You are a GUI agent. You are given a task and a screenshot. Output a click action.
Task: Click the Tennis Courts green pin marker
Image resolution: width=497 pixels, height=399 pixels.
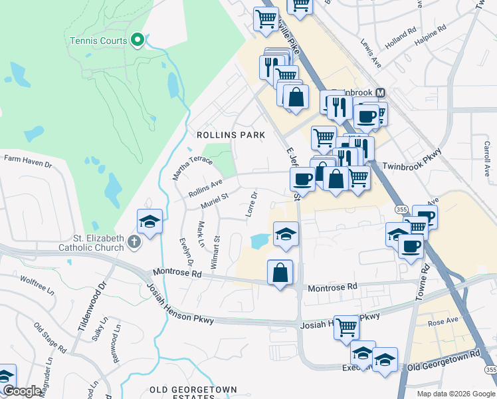(x=138, y=41)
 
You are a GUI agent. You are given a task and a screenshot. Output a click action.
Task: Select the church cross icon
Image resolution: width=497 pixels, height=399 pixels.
(x=134, y=240)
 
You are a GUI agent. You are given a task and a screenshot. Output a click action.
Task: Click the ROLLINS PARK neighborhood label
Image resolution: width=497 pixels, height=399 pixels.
(x=231, y=135)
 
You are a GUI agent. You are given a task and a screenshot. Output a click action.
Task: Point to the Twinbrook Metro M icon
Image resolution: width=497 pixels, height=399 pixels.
(x=381, y=93)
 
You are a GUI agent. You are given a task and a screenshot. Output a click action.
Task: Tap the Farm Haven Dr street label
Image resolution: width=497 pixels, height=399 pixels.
(x=28, y=159)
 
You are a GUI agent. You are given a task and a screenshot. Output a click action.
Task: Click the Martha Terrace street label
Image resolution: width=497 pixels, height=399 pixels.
(x=193, y=169)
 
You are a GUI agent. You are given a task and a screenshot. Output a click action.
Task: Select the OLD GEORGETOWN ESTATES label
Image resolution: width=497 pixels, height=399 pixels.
(x=193, y=393)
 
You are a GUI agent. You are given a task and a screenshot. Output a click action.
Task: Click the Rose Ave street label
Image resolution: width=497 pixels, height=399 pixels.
(x=444, y=321)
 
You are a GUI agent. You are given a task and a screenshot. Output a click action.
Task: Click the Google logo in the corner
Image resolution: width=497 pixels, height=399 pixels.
(x=21, y=391)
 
